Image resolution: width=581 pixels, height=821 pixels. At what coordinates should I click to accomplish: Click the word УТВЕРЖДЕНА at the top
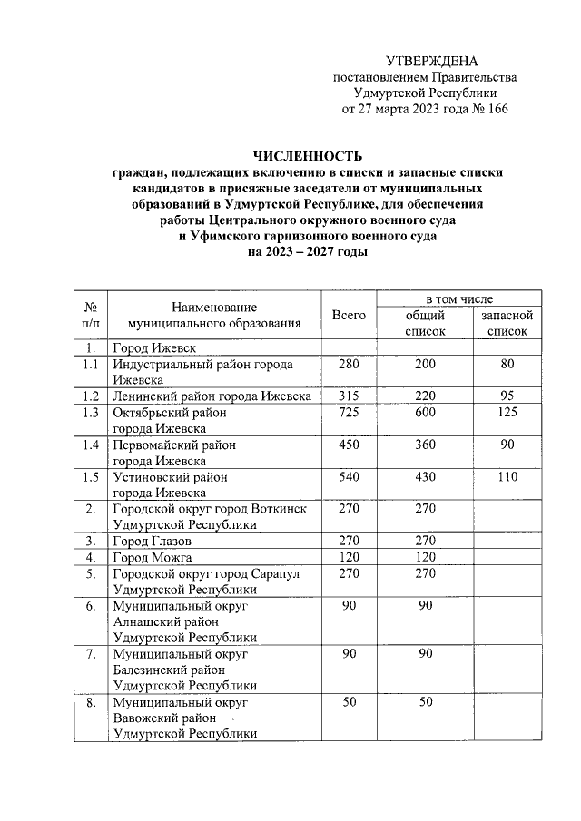[x=431, y=61]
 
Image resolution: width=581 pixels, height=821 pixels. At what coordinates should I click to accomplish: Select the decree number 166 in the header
[x=495, y=110]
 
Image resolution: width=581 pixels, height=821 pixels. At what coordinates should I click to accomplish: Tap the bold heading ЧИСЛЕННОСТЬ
[x=308, y=155]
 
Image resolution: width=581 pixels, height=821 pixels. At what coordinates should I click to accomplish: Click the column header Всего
[x=349, y=315]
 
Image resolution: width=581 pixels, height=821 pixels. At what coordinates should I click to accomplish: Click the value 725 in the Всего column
[x=349, y=413]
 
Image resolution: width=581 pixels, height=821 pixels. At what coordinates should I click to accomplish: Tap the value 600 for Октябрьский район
[x=424, y=413]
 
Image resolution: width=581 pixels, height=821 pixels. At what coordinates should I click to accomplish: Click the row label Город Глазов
[x=144, y=541]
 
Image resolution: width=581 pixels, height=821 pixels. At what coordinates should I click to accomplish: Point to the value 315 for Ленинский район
[x=349, y=396]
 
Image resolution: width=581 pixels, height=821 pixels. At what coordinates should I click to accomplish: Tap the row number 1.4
[x=89, y=445]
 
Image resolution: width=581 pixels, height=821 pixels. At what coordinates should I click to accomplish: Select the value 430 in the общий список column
[x=424, y=476]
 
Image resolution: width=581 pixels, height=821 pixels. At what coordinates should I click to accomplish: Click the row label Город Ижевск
[x=149, y=348]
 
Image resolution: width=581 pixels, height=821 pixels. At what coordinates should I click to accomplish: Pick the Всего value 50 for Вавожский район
[x=349, y=702]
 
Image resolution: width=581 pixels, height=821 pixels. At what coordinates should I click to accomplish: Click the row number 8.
[x=89, y=702]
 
